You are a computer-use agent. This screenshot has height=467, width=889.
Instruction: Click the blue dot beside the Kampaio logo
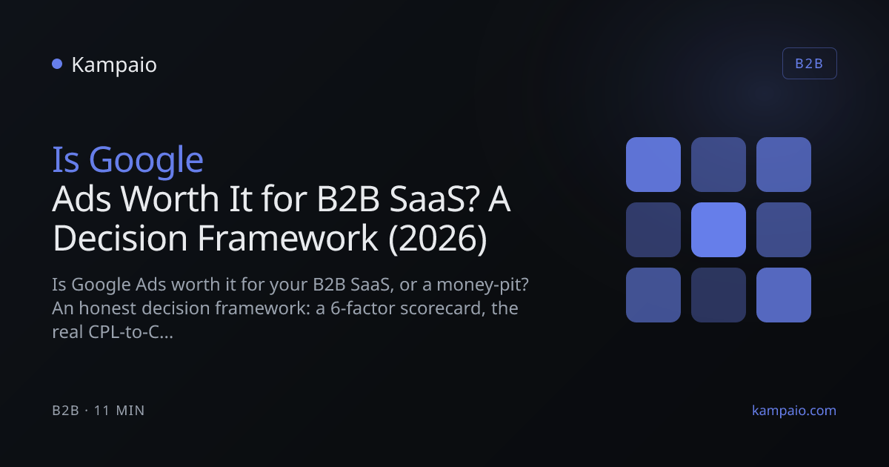[57, 64]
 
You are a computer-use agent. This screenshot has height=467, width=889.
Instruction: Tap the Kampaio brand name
[114, 65]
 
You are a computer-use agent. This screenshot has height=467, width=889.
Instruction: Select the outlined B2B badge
[809, 64]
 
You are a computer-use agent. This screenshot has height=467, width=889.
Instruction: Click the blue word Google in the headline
[146, 161]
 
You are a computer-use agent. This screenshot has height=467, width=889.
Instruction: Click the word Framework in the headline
[287, 238]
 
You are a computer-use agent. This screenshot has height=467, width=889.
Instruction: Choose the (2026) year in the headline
[437, 239]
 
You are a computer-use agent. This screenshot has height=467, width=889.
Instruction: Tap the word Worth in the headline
[170, 199]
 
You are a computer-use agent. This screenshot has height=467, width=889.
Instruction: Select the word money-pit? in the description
[482, 285]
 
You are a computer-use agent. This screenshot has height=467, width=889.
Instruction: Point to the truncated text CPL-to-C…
[130, 332]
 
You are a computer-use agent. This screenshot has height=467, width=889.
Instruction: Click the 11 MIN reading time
[119, 411]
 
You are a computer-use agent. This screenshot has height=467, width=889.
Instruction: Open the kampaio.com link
[794, 411]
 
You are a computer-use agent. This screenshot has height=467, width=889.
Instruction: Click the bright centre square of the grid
[719, 230]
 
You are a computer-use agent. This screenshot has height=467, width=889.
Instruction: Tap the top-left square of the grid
[653, 165]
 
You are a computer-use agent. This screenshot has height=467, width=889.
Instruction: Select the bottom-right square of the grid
[784, 295]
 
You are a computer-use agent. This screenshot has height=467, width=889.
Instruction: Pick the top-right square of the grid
[784, 165]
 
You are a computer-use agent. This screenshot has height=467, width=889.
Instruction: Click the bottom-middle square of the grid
[719, 295]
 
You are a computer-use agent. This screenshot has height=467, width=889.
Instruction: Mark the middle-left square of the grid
[653, 230]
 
